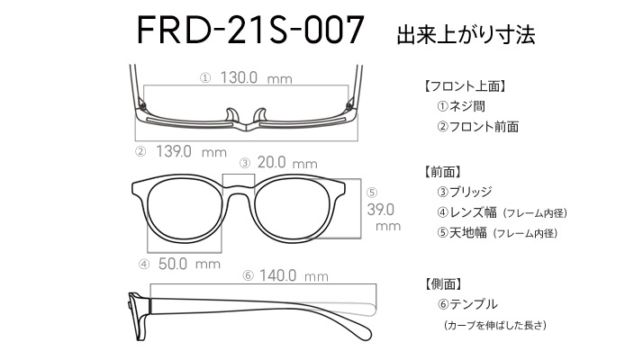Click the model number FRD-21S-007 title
pyautogui.click(x=250, y=30)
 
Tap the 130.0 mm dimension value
pyautogui.click(x=257, y=77)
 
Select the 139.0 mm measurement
pyautogui.click(x=191, y=152)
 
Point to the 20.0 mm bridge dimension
pyautogui.click(x=287, y=162)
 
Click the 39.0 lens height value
pyautogui.click(x=381, y=210)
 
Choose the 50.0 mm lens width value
pyautogui.click(x=189, y=264)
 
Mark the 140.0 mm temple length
pyautogui.click(x=294, y=275)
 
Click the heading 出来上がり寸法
pyautogui.click(x=466, y=34)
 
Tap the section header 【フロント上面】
pyautogui.click(x=464, y=86)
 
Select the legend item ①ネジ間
pyautogui.click(x=461, y=106)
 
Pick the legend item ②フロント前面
pyautogui.click(x=477, y=127)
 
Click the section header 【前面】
pyautogui.click(x=442, y=172)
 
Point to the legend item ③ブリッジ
pyautogui.click(x=464, y=192)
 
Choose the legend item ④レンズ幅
pyautogui.click(x=466, y=212)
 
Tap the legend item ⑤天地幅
pyautogui.click(x=462, y=233)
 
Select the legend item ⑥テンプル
pyautogui.click(x=467, y=304)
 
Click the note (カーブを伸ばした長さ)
pyautogui.click(x=495, y=325)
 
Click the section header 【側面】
pyautogui.click(x=442, y=283)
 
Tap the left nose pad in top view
pyautogui.click(x=232, y=115)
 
